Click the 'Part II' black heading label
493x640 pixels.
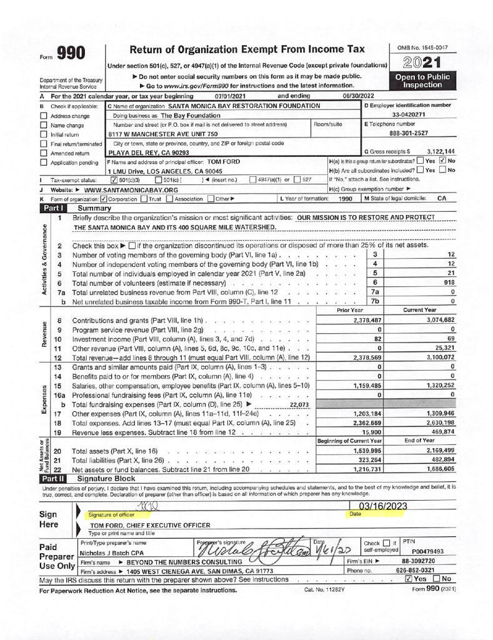point(54,477)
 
